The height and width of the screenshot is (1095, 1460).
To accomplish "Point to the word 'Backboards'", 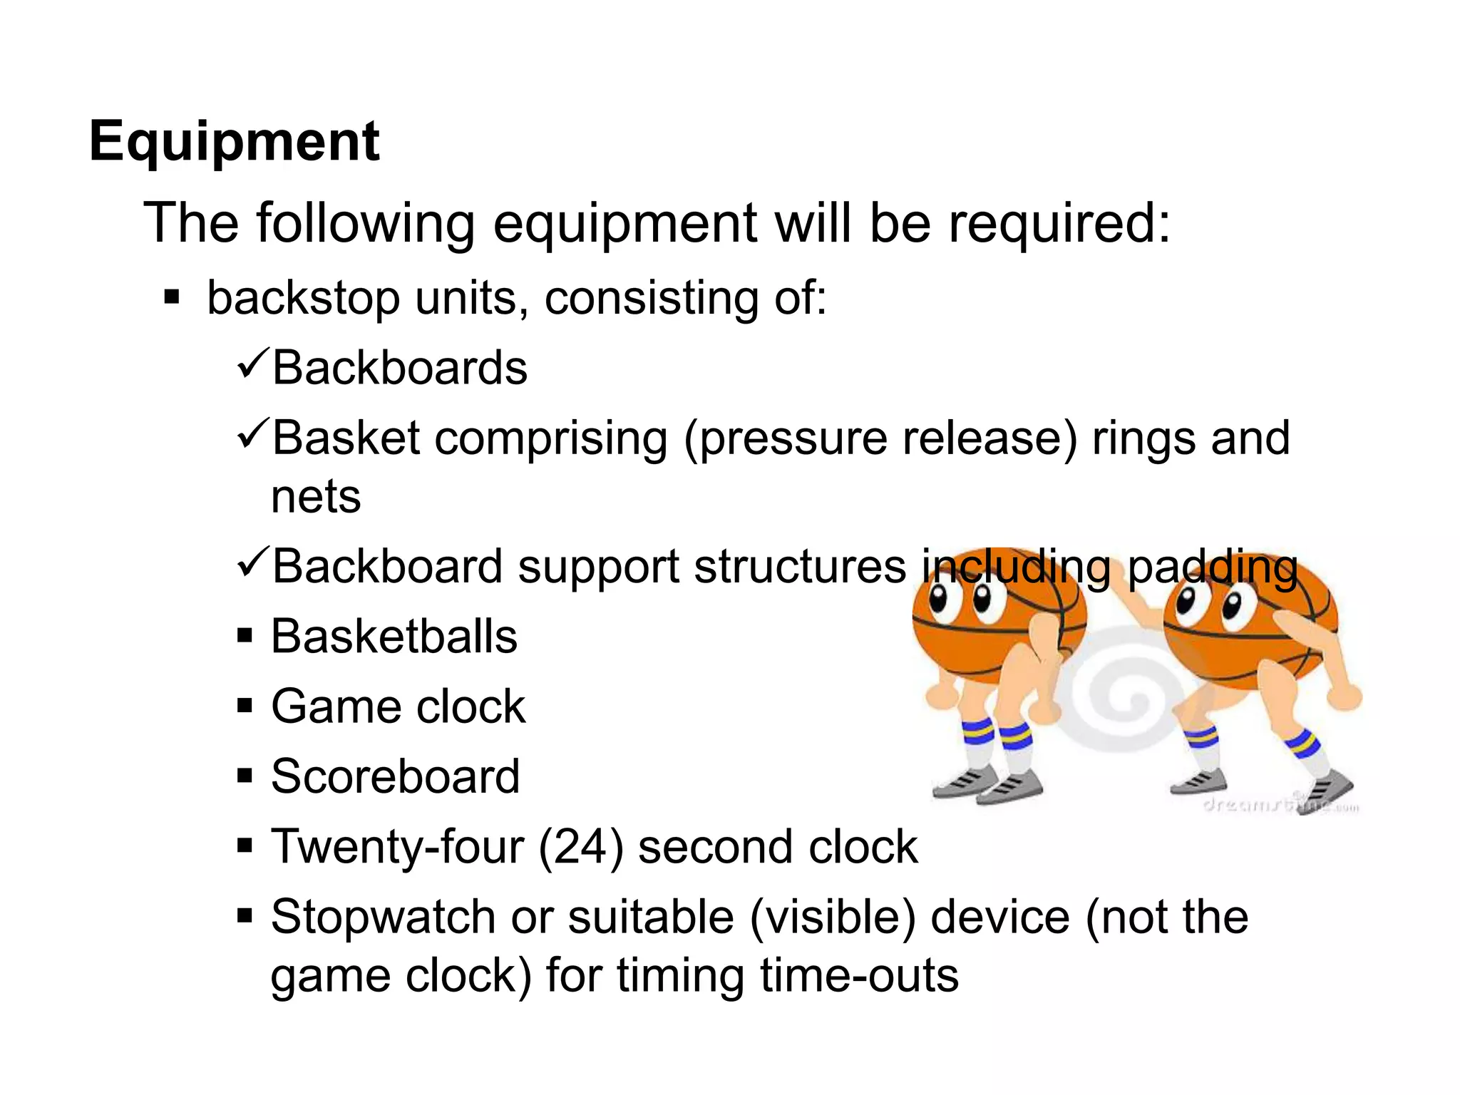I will coord(400,369).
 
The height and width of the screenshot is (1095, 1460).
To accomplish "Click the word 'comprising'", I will coord(551,438).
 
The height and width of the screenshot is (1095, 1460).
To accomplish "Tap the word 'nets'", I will coord(316,497).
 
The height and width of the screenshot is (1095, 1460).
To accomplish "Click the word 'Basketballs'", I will coord(394,637).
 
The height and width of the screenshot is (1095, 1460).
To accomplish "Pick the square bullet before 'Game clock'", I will coord(245,706).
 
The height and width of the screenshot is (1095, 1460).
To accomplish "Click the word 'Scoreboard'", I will coord(396,776).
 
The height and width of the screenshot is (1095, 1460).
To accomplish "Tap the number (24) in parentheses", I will coord(580,848).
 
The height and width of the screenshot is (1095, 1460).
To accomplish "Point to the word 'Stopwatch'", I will coord(383,917).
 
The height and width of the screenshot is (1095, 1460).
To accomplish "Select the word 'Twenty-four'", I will coord(398,848).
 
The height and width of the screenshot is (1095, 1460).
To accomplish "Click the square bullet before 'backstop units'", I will coord(171,296).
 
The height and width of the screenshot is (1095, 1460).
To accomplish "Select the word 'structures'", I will coord(800,567).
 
